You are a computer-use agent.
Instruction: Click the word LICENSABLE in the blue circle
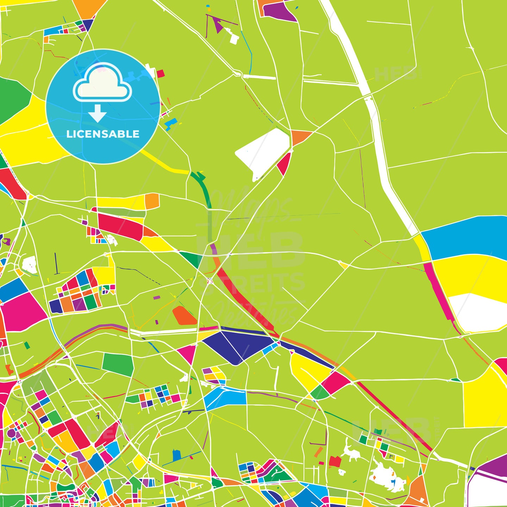click(x=103, y=134)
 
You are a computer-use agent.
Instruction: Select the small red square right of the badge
click(x=161, y=73)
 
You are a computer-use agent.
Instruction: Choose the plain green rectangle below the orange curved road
click(x=118, y=364)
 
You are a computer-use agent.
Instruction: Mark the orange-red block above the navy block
click(x=184, y=315)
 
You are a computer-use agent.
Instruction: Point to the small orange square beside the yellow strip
click(x=152, y=201)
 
